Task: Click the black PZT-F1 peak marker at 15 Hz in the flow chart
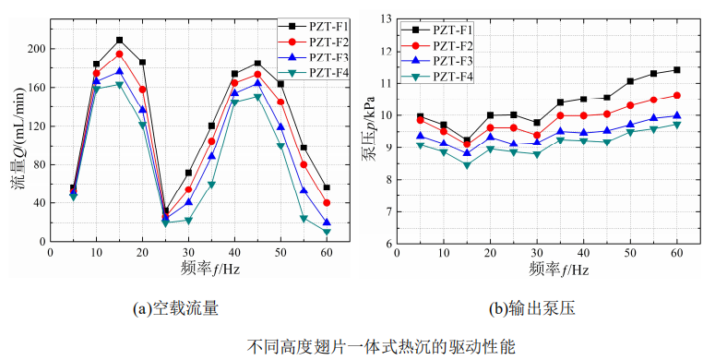point(119,40)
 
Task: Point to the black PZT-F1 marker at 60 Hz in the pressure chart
point(677,69)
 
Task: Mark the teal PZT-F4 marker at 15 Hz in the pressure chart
point(467,165)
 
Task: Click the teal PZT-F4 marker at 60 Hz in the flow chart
point(327,232)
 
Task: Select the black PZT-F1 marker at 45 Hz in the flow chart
point(257,64)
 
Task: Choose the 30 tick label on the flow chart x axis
point(188,254)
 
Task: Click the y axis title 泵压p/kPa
point(367,130)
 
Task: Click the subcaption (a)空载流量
point(176,309)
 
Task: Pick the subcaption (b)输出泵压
point(535,309)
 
